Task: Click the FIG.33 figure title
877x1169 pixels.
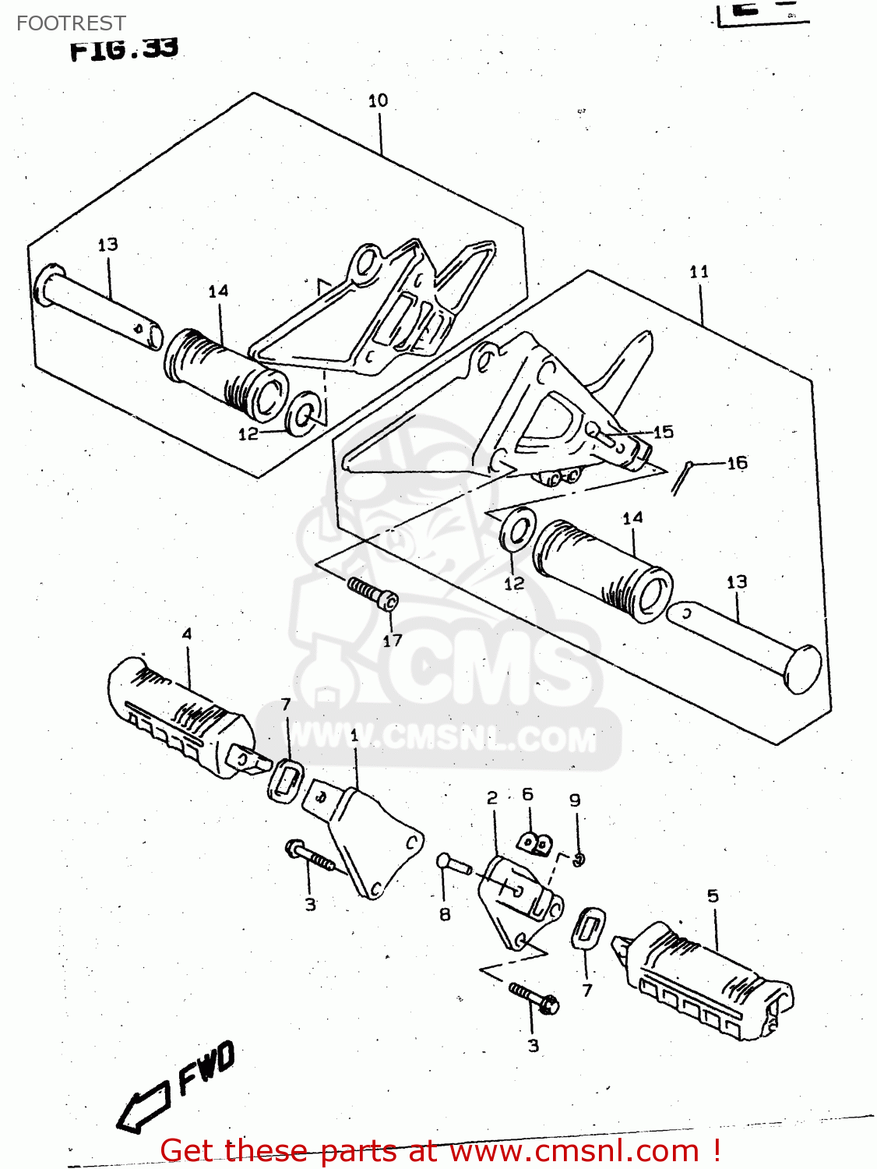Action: tap(124, 49)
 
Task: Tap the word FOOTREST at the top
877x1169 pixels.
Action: tap(71, 23)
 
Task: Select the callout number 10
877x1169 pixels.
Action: tap(378, 101)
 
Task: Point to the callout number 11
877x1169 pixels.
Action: tap(699, 271)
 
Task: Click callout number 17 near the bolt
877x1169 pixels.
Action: tap(393, 641)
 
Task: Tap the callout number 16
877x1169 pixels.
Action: tap(737, 463)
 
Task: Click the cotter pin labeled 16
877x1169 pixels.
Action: tap(681, 477)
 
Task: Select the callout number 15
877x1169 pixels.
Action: tap(663, 432)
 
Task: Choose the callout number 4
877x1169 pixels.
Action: tap(186, 634)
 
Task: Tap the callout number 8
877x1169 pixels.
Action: tap(445, 914)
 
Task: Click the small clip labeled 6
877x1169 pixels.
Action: tap(535, 843)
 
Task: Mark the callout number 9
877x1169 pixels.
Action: tap(575, 800)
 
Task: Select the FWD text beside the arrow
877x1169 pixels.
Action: tap(206, 1068)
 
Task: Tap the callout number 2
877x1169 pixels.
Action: tap(492, 797)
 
